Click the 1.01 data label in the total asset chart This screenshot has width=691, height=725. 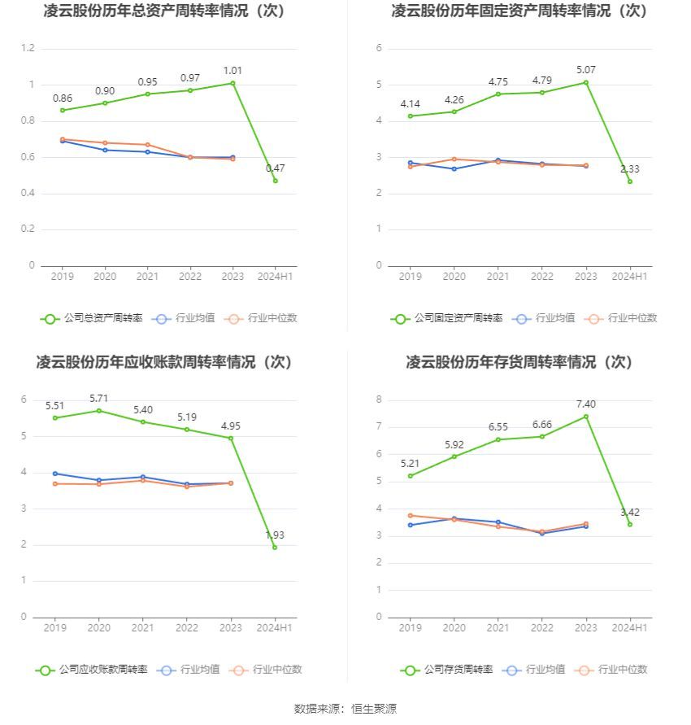click(233, 71)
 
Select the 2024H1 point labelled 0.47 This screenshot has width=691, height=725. click(275, 181)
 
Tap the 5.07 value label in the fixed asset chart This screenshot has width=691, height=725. click(585, 70)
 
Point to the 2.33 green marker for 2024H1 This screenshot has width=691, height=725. click(629, 181)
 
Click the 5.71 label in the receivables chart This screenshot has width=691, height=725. click(98, 399)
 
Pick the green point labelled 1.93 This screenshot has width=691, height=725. click(275, 547)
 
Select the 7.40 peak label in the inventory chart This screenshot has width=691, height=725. click(585, 404)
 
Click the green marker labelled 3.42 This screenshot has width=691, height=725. click(629, 524)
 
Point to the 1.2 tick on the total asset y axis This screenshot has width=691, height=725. click(28, 49)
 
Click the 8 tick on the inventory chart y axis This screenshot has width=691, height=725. click(379, 400)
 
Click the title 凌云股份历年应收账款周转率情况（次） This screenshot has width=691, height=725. click(164, 362)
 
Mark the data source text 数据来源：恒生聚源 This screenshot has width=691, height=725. click(345, 709)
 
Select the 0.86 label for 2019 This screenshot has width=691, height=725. click(63, 98)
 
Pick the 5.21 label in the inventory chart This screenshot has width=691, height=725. click(411, 464)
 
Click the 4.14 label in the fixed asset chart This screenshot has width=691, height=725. click(411, 104)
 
